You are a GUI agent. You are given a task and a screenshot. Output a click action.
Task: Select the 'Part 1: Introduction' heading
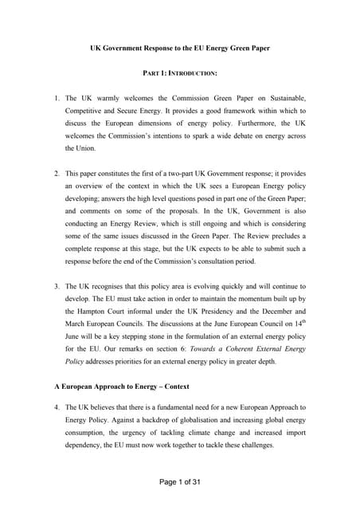[179, 73]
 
